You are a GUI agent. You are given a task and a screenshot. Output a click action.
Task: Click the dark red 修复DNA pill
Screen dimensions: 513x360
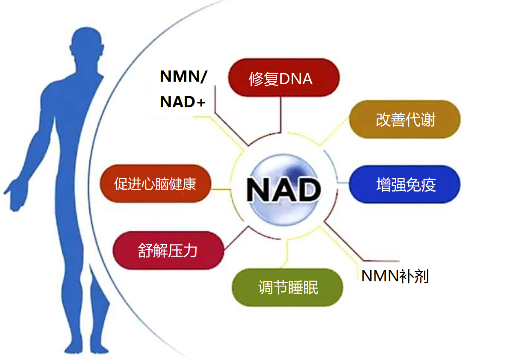(284, 78)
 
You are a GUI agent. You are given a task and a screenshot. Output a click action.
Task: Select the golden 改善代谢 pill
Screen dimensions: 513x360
(405, 119)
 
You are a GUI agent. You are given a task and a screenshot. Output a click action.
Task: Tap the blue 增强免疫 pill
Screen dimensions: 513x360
(405, 184)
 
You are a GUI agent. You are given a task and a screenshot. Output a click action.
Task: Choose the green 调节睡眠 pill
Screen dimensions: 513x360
(287, 287)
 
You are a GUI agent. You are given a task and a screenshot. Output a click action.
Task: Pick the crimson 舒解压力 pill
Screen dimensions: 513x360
(168, 250)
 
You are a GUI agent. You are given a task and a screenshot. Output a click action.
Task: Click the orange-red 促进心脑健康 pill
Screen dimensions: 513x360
(155, 184)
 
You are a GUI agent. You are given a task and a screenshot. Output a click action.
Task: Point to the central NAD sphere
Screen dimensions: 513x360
(283, 189)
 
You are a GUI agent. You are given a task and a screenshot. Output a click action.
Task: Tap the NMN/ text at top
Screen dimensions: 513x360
(184, 76)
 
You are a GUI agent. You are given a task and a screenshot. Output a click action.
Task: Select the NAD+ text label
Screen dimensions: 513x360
(183, 102)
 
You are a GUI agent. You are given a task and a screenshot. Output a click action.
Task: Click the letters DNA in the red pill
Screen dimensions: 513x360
(296, 79)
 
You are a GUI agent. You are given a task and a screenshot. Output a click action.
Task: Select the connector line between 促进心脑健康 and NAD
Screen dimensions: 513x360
(221, 189)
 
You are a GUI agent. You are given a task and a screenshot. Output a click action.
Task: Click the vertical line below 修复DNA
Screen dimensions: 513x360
(281, 115)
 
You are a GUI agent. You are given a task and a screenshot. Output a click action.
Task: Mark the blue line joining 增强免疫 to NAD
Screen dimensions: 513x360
(343, 183)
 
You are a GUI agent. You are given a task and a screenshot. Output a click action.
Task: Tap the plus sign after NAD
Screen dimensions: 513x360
(201, 102)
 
